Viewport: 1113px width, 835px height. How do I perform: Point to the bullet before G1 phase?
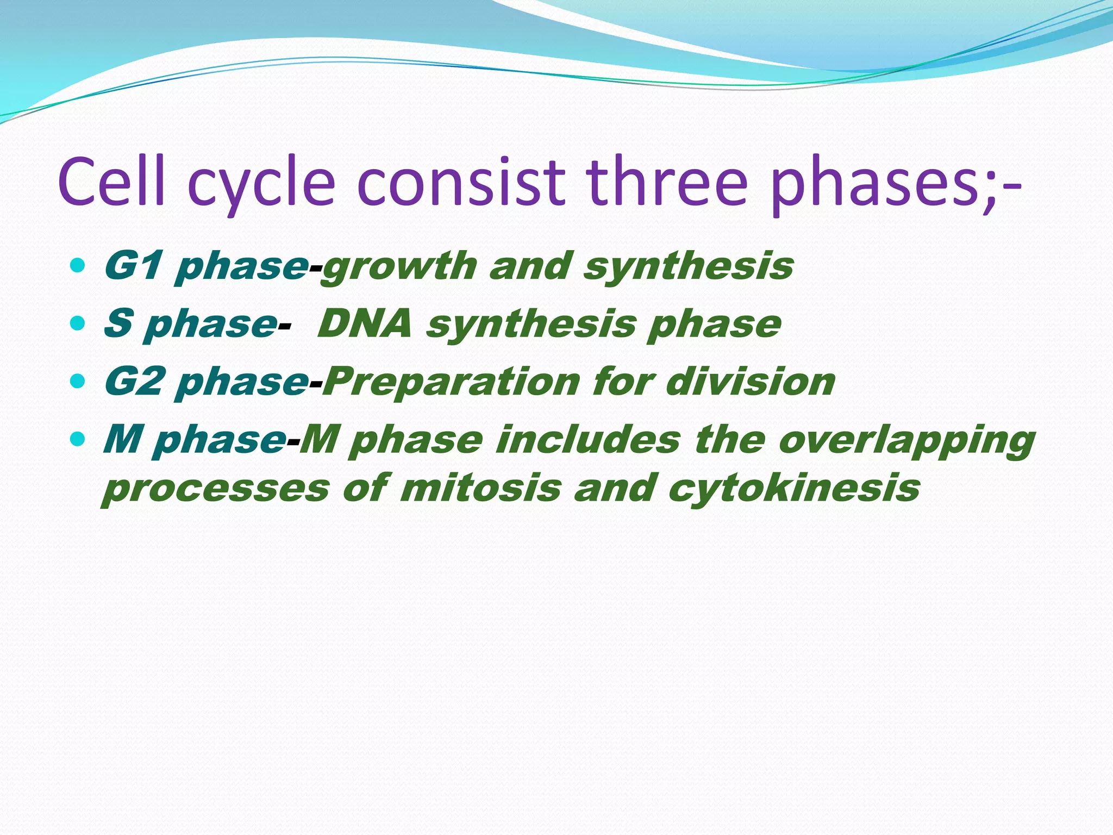click(x=78, y=266)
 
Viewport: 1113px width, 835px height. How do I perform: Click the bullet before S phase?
click(x=78, y=323)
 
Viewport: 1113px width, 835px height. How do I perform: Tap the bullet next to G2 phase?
click(x=78, y=381)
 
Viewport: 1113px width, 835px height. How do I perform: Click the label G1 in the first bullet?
click(x=133, y=266)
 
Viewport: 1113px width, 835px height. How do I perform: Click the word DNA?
click(x=365, y=324)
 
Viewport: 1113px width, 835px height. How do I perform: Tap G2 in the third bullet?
click(x=134, y=381)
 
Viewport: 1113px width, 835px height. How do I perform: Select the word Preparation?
click(x=452, y=382)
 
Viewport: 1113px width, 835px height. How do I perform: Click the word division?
click(x=750, y=381)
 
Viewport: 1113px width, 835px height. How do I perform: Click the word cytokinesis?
click(x=793, y=488)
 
